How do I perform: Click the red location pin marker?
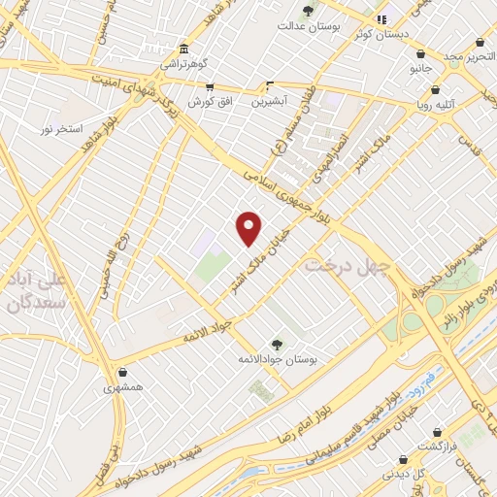click(x=249, y=228)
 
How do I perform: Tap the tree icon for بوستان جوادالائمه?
click(x=277, y=344)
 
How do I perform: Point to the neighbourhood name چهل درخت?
click(x=348, y=264)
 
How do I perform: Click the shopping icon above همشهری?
click(x=122, y=372)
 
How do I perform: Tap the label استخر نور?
click(x=62, y=128)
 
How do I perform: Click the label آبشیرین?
click(x=271, y=101)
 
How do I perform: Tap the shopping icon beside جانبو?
click(x=419, y=53)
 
